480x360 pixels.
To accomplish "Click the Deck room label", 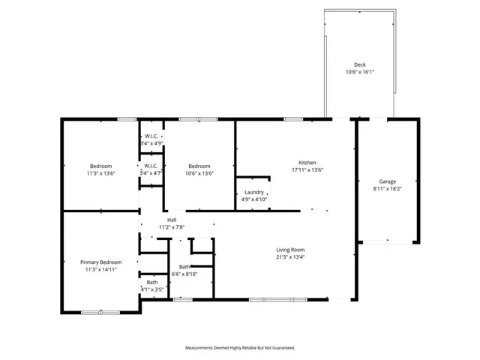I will pyautogui.click(x=359, y=64).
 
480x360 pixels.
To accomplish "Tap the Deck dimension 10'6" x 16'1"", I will pyautogui.click(x=359, y=73).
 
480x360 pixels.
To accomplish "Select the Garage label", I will pyautogui.click(x=387, y=181).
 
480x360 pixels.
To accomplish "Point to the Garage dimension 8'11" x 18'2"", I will pyautogui.click(x=387, y=190).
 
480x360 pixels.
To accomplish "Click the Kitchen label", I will pyautogui.click(x=307, y=163).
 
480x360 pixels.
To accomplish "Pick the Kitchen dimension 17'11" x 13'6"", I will pyautogui.click(x=307, y=170).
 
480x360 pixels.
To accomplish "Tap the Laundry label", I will pyautogui.click(x=253, y=192).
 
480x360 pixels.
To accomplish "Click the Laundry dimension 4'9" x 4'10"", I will pyautogui.click(x=253, y=199).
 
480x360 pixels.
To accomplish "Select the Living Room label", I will pyautogui.click(x=291, y=250).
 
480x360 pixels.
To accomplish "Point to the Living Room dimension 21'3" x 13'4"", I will pyautogui.click(x=291, y=257).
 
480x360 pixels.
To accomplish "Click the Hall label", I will pyautogui.click(x=172, y=219).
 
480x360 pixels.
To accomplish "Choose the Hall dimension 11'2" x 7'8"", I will pyautogui.click(x=172, y=226).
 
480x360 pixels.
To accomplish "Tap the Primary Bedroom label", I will pyautogui.click(x=100, y=262).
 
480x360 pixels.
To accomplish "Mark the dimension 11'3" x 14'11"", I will pyautogui.click(x=100, y=269).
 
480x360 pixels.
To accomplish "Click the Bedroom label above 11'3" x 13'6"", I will pyautogui.click(x=101, y=166).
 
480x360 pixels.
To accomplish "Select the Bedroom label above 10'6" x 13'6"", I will pyautogui.click(x=199, y=166).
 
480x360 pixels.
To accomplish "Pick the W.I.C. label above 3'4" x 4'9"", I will pyautogui.click(x=151, y=136).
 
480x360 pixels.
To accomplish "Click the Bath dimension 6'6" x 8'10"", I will pyautogui.click(x=184, y=274).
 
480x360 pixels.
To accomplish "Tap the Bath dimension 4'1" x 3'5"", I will pyautogui.click(x=151, y=289).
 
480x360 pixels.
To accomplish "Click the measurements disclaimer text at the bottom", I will pyautogui.click(x=240, y=348).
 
